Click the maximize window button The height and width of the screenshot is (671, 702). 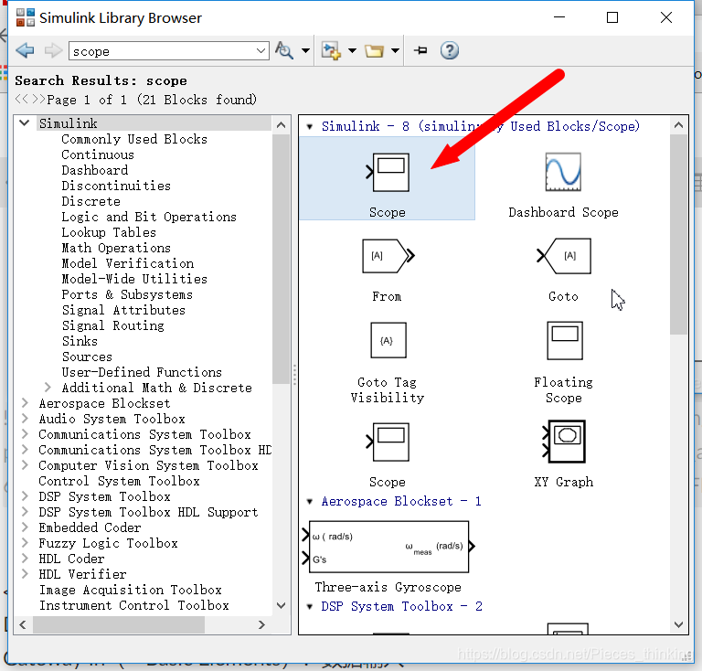pos(612,17)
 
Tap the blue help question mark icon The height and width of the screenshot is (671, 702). pos(449,51)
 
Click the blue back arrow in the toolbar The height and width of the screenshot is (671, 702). pos(25,51)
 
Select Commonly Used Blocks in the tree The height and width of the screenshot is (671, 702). pos(134,139)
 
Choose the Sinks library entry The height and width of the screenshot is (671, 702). pos(80,341)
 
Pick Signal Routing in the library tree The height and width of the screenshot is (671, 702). pos(112,325)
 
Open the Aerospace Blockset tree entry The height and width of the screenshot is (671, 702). pos(104,403)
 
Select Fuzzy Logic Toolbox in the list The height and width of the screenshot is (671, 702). pos(108,543)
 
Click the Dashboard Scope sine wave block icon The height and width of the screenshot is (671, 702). pos(563,173)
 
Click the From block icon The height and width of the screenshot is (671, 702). pos(387,256)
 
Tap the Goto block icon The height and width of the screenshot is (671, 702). pos(565,256)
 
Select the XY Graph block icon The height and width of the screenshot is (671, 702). pos(563,442)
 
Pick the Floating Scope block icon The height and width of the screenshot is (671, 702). pos(564,340)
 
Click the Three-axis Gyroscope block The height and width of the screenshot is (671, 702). pos(388,547)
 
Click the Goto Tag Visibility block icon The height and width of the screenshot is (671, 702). pos(388,340)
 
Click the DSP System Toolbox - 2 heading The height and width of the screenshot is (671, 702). pos(400,606)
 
